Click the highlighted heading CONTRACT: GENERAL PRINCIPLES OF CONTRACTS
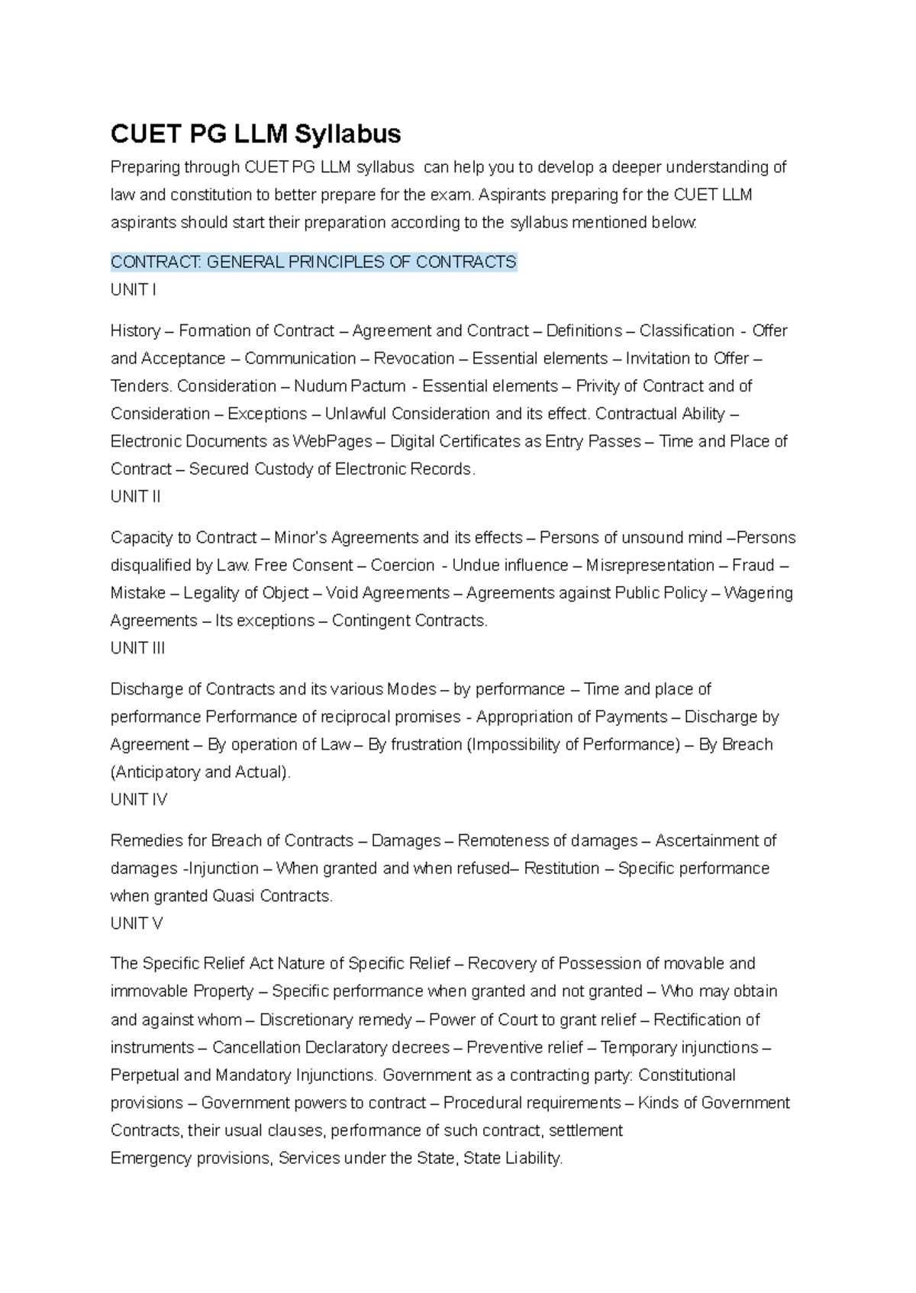(x=313, y=262)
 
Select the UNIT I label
(x=133, y=290)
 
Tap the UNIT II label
(x=135, y=497)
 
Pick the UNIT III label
(x=137, y=648)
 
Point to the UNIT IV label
(x=138, y=799)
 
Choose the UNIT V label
(x=136, y=924)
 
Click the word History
(x=135, y=331)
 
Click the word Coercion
(x=402, y=566)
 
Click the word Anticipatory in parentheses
(x=157, y=772)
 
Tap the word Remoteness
(x=501, y=841)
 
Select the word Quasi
(x=235, y=896)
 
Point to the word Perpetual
(x=144, y=1075)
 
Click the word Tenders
(x=142, y=386)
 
